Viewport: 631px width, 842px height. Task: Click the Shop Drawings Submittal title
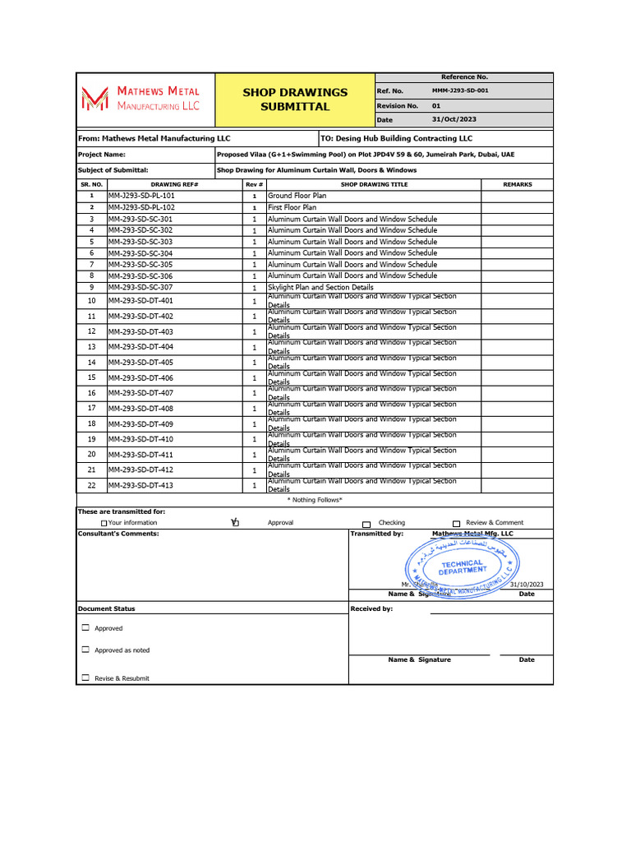tap(295, 99)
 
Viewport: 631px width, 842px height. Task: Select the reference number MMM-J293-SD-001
tap(459, 90)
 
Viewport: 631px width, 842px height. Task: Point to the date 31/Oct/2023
tap(454, 120)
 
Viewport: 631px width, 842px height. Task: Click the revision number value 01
tap(436, 105)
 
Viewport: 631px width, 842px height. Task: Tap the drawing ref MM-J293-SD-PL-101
tap(141, 197)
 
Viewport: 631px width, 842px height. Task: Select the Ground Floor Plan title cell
tap(297, 197)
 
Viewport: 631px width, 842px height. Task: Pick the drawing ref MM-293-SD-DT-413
tap(140, 486)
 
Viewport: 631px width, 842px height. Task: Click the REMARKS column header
tap(517, 185)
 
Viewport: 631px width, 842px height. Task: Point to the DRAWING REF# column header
tap(174, 185)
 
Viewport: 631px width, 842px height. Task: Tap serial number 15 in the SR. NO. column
tap(92, 377)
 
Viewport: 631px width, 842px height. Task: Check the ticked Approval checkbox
tap(235, 522)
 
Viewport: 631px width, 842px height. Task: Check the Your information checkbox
tap(104, 523)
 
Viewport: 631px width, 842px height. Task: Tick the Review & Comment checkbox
tap(456, 523)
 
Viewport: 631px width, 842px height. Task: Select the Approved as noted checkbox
tap(85, 650)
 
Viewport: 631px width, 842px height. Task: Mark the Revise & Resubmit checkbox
tap(85, 678)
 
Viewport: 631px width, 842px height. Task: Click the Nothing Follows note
tap(315, 500)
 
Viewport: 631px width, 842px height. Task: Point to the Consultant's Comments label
tap(118, 534)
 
